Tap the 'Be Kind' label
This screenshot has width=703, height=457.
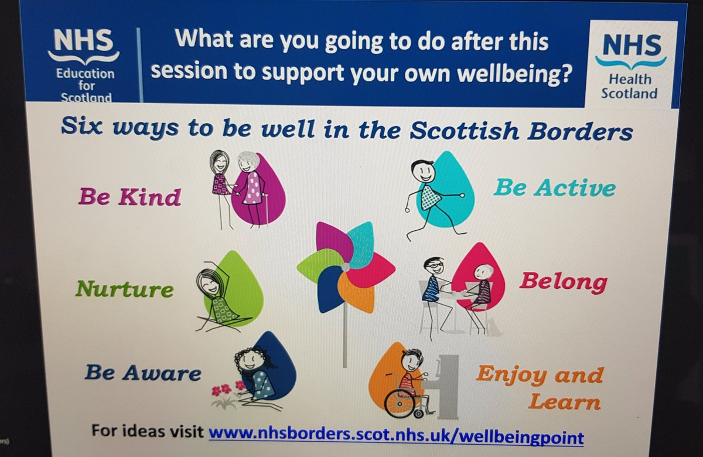pos(129,197)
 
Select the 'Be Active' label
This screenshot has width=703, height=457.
pos(554,187)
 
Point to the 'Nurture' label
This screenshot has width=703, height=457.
pos(124,288)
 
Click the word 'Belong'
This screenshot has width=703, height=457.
pos(563,282)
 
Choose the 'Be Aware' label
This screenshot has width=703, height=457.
pos(143,373)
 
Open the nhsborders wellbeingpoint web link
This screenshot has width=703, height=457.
pos(396,436)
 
